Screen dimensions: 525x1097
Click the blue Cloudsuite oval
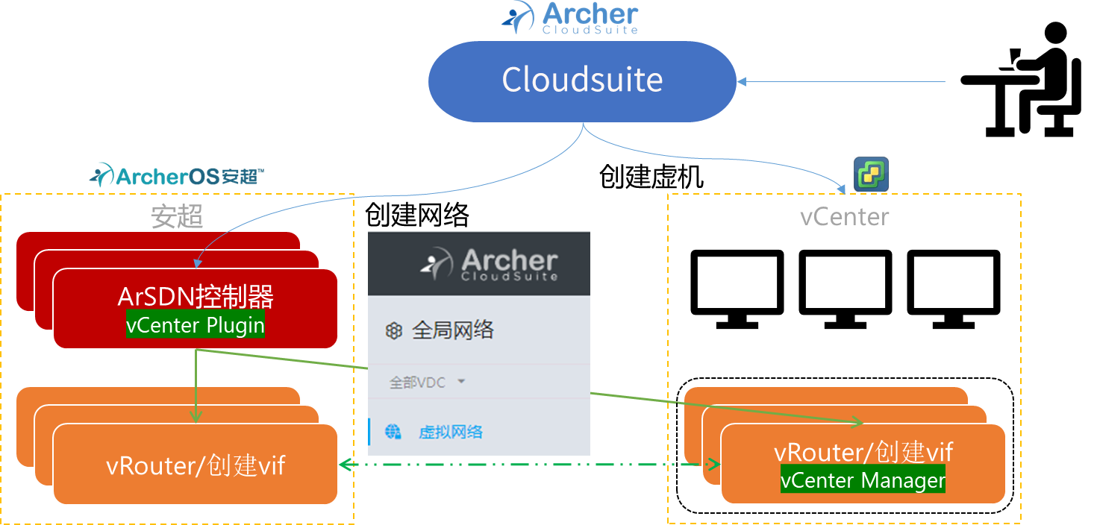pos(582,81)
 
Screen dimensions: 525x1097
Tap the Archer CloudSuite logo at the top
pos(571,19)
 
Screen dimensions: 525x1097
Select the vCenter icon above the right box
pos(871,175)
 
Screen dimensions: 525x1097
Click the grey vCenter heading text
pos(845,217)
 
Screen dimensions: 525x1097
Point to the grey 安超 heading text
pos(177,216)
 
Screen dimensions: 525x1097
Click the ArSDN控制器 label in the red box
pos(196,298)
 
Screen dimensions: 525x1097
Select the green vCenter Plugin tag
pos(196,325)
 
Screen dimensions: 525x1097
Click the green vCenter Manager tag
pos(863,480)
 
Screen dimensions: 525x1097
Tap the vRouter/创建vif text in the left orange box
pos(196,465)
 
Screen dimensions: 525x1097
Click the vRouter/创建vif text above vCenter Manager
pos(863,453)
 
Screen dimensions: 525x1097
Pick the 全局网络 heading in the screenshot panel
pos(453,330)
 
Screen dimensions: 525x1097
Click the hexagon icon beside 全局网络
pos(393,331)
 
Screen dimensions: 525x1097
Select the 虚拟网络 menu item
pos(450,432)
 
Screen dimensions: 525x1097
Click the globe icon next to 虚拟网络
pos(393,432)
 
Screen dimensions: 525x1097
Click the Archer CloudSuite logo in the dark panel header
pos(490,264)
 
